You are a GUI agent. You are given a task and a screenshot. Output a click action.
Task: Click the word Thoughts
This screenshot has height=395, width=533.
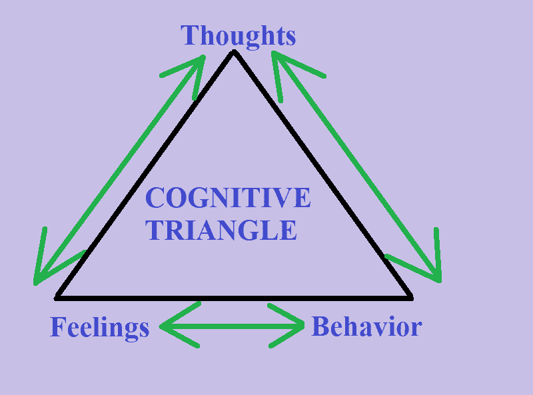coord(238,35)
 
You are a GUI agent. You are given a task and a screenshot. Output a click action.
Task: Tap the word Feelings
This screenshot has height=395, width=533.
coord(99,328)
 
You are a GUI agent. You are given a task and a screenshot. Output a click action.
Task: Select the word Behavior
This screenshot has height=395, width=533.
coord(366,327)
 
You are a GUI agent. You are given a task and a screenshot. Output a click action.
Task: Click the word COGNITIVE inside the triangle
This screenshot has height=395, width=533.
coord(228,198)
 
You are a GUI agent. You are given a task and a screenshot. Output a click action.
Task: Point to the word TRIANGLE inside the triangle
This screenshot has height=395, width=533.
coord(221,230)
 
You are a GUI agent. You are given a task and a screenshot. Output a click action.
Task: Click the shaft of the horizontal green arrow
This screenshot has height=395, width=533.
coord(233,326)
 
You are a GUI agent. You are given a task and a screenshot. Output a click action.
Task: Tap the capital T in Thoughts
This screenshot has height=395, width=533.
coord(190,35)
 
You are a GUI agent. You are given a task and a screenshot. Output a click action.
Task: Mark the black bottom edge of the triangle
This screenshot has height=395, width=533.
coord(233,296)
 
